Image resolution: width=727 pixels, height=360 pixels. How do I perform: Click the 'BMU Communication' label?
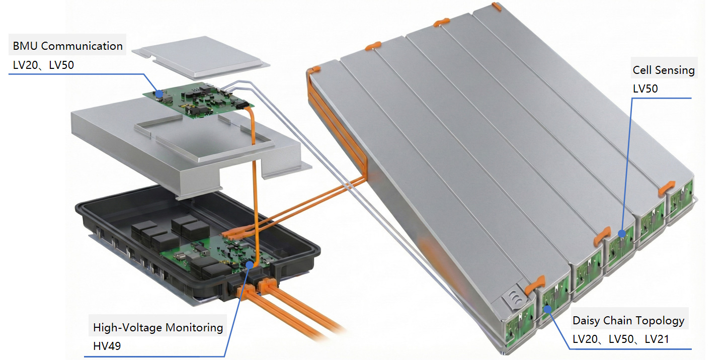pos(67,46)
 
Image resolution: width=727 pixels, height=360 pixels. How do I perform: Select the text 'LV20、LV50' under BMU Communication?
pos(43,65)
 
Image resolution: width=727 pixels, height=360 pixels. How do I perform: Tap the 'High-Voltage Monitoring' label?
pos(158,327)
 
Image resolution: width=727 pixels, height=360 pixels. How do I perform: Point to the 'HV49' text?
pos(107,346)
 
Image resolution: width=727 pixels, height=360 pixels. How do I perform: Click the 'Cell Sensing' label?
pos(664,70)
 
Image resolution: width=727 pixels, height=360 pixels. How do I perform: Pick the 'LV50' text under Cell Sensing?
pos(645,88)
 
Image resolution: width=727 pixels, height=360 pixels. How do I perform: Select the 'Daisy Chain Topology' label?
pos(628,320)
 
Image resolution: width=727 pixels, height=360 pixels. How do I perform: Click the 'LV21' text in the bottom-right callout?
pos(657,339)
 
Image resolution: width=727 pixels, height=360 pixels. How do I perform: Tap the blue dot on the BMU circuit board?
pos(159,94)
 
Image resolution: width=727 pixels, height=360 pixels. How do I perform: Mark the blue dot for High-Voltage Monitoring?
pos(249,265)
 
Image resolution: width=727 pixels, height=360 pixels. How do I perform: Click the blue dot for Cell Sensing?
pos(622,233)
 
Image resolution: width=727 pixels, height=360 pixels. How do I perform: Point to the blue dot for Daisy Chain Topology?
pos(547,309)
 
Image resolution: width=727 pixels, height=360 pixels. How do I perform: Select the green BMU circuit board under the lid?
pos(198,100)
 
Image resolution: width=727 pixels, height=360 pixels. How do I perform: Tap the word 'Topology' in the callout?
pos(662,320)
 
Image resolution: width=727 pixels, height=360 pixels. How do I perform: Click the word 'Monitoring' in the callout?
pos(194,327)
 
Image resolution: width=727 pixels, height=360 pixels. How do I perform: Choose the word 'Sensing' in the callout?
pos(675,70)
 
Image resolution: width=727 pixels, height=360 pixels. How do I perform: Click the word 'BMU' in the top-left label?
pos(25,46)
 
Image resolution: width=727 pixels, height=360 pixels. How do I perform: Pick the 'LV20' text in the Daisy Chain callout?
pos(585,339)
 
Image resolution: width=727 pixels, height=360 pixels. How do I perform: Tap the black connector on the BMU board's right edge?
pos(244,105)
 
